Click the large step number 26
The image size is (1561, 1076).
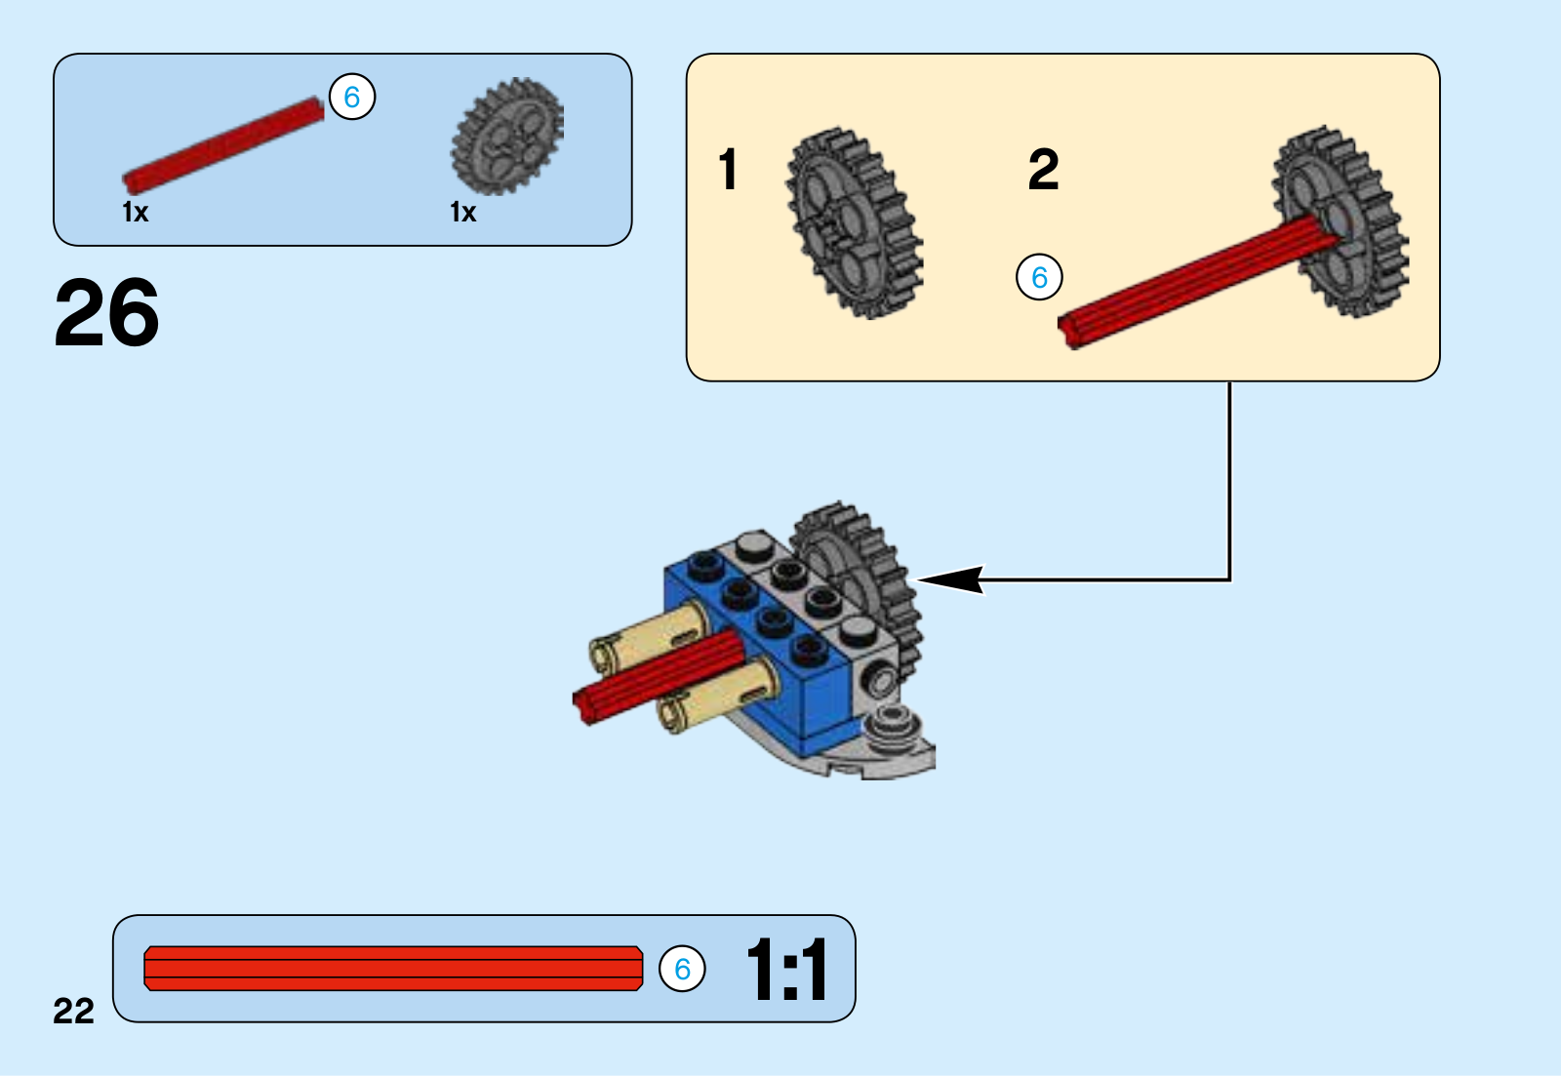click(x=106, y=311)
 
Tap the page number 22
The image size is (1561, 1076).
click(x=73, y=1011)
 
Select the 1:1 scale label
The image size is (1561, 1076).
click(x=786, y=969)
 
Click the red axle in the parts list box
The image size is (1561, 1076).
click(x=223, y=145)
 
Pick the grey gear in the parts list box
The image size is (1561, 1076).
click(x=507, y=136)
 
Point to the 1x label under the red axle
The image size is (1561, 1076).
click(x=136, y=212)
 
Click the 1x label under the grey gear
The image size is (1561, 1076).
click(x=462, y=212)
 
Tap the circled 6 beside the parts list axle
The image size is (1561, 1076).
click(x=352, y=97)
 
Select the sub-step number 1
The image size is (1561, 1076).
click(x=728, y=169)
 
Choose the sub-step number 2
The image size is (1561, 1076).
click(x=1043, y=169)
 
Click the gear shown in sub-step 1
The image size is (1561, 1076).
click(x=855, y=223)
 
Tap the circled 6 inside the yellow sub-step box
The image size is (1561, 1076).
click(x=1039, y=277)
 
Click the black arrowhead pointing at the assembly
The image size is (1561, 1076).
click(x=950, y=579)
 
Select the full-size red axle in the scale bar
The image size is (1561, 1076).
click(x=393, y=968)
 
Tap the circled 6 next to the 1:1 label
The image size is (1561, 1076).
click(x=682, y=968)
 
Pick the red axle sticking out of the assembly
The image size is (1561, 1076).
click(x=659, y=677)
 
